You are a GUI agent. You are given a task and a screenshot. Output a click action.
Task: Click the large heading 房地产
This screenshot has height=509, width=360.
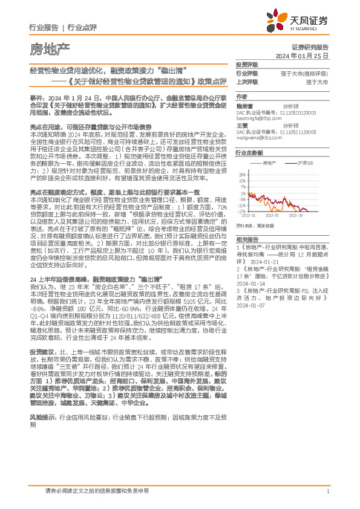(x=49, y=47)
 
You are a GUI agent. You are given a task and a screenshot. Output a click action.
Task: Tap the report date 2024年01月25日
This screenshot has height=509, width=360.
(x=302, y=55)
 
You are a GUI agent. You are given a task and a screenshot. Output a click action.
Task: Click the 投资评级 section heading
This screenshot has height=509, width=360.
(x=247, y=64)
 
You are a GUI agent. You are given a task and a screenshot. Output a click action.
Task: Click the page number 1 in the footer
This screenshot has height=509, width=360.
(x=327, y=491)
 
